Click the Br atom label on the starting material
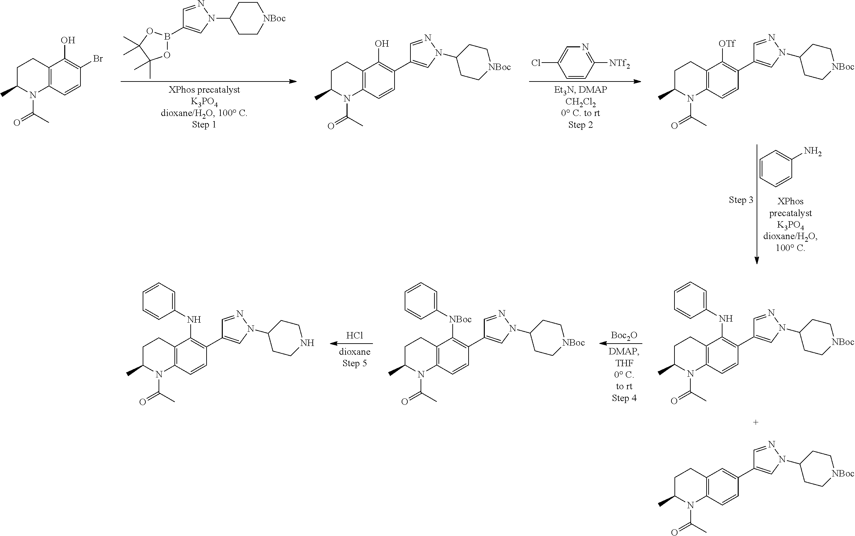pyautogui.click(x=97, y=59)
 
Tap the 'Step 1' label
pyautogui.click(x=204, y=124)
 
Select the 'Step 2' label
pyautogui.click(x=580, y=125)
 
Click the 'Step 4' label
pyautogui.click(x=624, y=398)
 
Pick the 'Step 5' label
pyautogui.click(x=354, y=363)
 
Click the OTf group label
pyautogui.click(x=727, y=44)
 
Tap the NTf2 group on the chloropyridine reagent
pyautogui.click(x=619, y=64)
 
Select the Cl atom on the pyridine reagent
pyautogui.click(x=536, y=63)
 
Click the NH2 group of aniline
pyautogui.click(x=812, y=152)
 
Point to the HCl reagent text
pyautogui.click(x=355, y=335)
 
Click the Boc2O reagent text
pyautogui.click(x=624, y=336)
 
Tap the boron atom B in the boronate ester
pyautogui.click(x=167, y=37)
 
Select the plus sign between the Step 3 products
pyautogui.click(x=756, y=422)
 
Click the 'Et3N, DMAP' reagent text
pyautogui.click(x=580, y=90)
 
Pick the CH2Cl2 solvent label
pyautogui.click(x=580, y=102)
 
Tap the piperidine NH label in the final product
pyautogui.click(x=307, y=343)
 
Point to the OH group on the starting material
pyautogui.click(x=68, y=40)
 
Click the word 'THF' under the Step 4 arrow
pyautogui.click(x=624, y=363)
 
